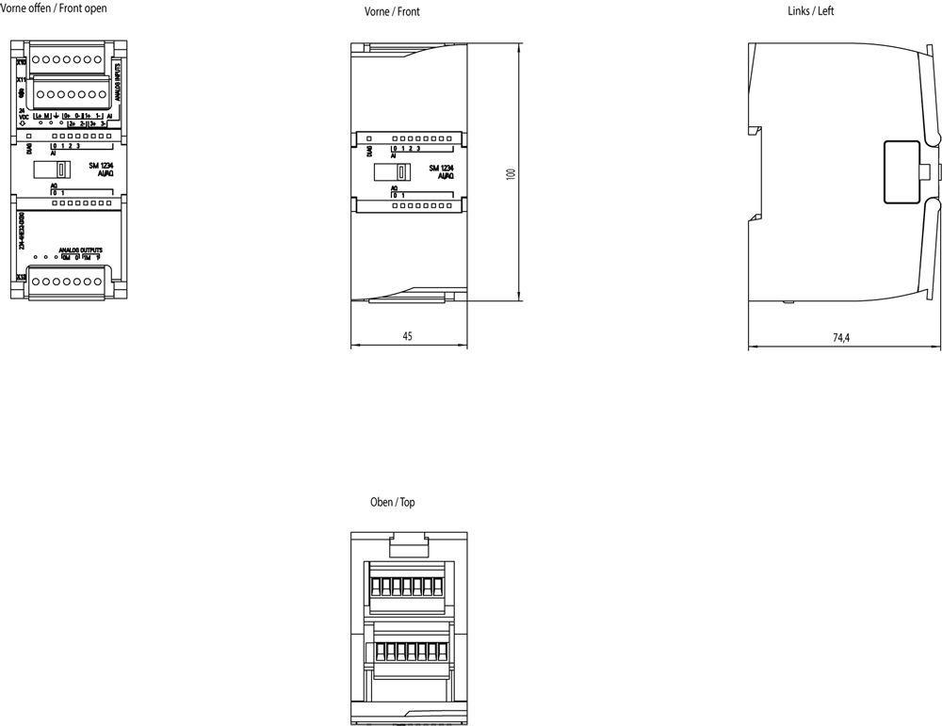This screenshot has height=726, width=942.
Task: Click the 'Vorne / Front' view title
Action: click(392, 12)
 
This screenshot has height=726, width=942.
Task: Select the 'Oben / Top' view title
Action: click(393, 503)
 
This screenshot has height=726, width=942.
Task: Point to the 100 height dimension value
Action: click(511, 174)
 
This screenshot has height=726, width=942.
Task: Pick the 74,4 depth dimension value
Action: click(841, 338)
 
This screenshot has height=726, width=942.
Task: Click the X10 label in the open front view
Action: click(22, 58)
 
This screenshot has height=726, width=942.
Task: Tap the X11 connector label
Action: click(22, 81)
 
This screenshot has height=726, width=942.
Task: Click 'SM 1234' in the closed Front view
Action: click(442, 168)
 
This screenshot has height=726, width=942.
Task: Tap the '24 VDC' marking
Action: click(22, 115)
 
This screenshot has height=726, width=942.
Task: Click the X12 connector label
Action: click(22, 277)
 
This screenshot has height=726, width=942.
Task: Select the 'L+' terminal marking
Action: click(37, 116)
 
